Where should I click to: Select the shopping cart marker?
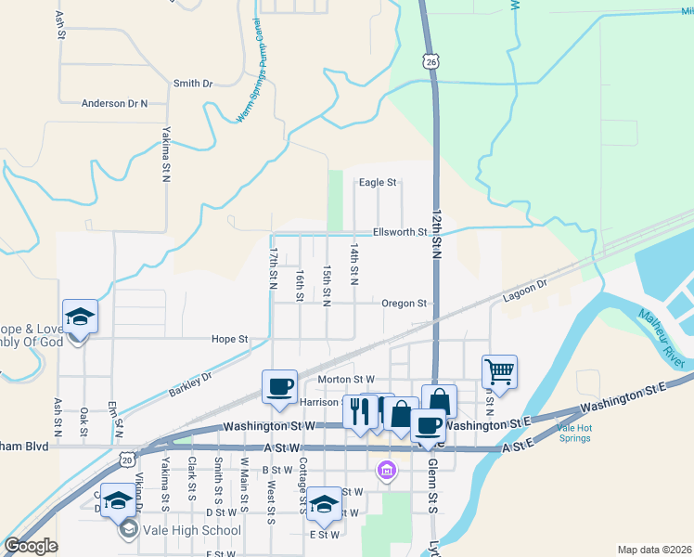(499, 371)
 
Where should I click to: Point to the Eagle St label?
(378, 183)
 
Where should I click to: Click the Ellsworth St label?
(399, 232)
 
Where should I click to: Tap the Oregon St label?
(404, 303)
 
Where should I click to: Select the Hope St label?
(229, 340)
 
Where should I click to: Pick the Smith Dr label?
(193, 84)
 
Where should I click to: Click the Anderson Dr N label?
(115, 104)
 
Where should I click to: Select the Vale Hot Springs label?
(573, 434)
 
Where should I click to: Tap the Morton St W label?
(346, 379)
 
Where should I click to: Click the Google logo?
(31, 546)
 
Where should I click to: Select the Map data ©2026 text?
(653, 550)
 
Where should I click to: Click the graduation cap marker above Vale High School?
(119, 501)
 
